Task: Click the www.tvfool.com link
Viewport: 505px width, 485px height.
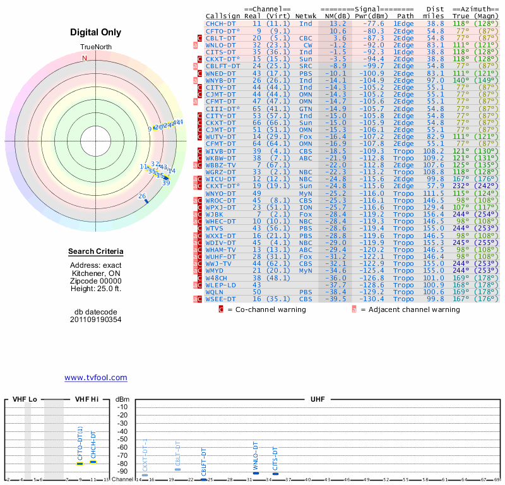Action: point(96,378)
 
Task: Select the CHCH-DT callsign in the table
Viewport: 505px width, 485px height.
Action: point(220,23)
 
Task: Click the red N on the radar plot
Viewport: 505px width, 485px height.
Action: point(85,58)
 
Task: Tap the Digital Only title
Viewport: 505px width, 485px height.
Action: point(96,32)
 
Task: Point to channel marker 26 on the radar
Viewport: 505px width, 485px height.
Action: point(143,197)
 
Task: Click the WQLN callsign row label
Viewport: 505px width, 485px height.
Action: point(216,292)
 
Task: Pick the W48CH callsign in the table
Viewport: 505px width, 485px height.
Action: point(218,277)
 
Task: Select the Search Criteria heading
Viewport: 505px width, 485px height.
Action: point(96,252)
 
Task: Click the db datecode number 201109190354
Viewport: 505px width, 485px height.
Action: point(96,320)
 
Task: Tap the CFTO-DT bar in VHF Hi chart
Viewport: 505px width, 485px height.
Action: point(80,464)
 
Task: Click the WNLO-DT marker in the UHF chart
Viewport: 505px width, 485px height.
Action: point(256,473)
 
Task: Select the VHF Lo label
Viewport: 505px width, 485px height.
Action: point(25,399)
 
